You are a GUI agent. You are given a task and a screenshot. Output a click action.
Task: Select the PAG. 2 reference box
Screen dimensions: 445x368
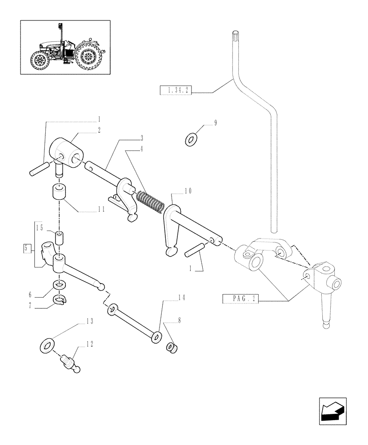pyautogui.click(x=240, y=299)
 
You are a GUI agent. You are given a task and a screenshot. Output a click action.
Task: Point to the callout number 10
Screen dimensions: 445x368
pyautogui.click(x=188, y=191)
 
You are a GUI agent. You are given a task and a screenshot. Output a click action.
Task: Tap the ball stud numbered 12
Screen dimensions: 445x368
pyautogui.click(x=71, y=360)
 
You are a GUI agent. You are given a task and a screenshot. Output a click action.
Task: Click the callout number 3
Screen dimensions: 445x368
pyautogui.click(x=141, y=137)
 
